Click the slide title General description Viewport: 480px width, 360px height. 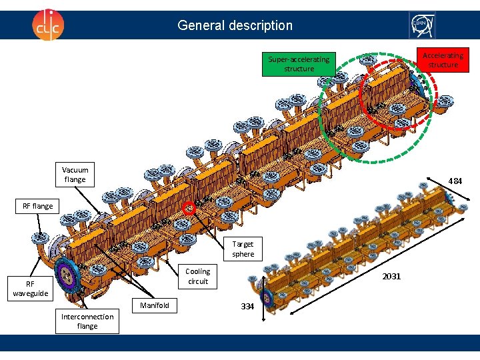click(235, 25)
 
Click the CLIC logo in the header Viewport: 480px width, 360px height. click(49, 25)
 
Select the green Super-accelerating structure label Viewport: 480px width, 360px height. click(299, 64)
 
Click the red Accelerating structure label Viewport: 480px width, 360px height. click(443, 60)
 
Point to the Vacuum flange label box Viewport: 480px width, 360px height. click(75, 175)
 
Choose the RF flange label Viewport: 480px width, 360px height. click(37, 206)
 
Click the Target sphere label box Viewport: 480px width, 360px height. click(243, 249)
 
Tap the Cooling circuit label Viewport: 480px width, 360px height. click(197, 276)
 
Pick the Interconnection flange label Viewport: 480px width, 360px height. click(87, 321)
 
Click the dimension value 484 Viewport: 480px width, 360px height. click(455, 181)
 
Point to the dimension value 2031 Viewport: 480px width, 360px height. click(391, 276)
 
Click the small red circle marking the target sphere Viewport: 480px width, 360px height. click(190, 207)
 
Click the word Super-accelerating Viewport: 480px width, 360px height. click(299, 59)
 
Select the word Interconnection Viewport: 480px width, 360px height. click(87, 317)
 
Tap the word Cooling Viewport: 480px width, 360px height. click(197, 271)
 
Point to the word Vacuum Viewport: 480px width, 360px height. click(75, 170)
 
